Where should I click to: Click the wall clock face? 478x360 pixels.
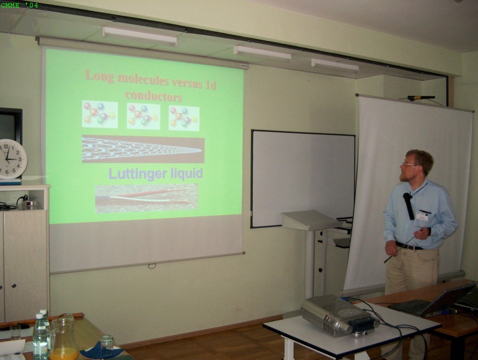[x=12, y=159]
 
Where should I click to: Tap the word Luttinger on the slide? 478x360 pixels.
[x=137, y=173]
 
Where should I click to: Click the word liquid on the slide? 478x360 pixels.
[x=186, y=174]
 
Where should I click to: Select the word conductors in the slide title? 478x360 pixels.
[x=154, y=96]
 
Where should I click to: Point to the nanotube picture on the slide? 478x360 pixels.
[x=143, y=149]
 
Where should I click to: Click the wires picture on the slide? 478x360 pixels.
[x=147, y=198]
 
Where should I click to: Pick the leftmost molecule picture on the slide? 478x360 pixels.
[x=100, y=114]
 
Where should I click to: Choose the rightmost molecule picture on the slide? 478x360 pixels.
[x=184, y=118]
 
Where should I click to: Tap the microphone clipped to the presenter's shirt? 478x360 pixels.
[x=409, y=206]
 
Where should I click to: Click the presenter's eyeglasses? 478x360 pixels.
[x=409, y=164]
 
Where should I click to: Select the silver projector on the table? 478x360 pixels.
[x=340, y=315]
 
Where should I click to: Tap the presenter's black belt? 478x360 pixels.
[x=409, y=246]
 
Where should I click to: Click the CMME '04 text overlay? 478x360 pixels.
[x=19, y=5]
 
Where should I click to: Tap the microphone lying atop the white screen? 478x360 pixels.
[x=421, y=98]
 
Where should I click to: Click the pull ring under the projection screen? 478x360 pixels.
[x=152, y=266]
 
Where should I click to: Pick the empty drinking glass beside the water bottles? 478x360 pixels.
[x=15, y=332]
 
